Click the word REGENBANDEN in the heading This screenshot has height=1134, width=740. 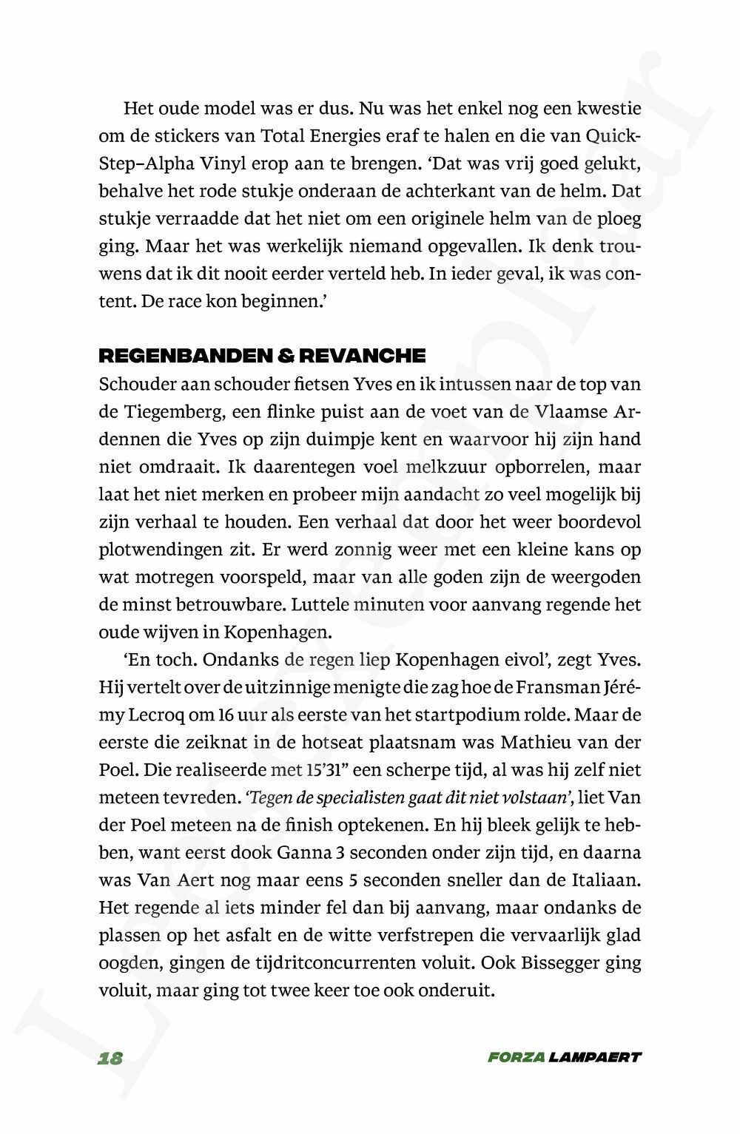click(x=178, y=356)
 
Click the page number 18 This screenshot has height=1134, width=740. click(x=110, y=1058)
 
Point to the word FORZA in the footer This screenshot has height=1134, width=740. click(x=516, y=1058)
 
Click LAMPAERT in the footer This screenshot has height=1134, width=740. click(x=595, y=1058)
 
